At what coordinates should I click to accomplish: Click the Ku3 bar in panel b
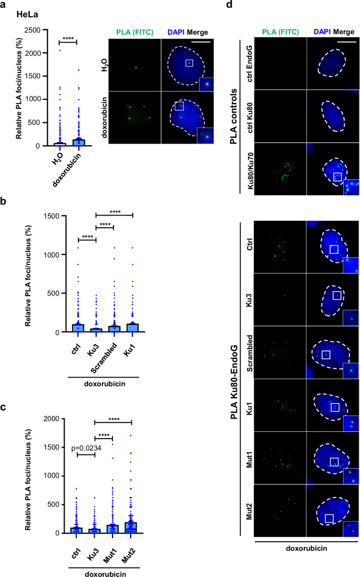[x=96, y=330]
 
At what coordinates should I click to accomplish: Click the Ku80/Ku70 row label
[x=250, y=169]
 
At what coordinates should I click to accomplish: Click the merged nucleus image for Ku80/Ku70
[x=333, y=169]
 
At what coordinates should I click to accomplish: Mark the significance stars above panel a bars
[x=68, y=37]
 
